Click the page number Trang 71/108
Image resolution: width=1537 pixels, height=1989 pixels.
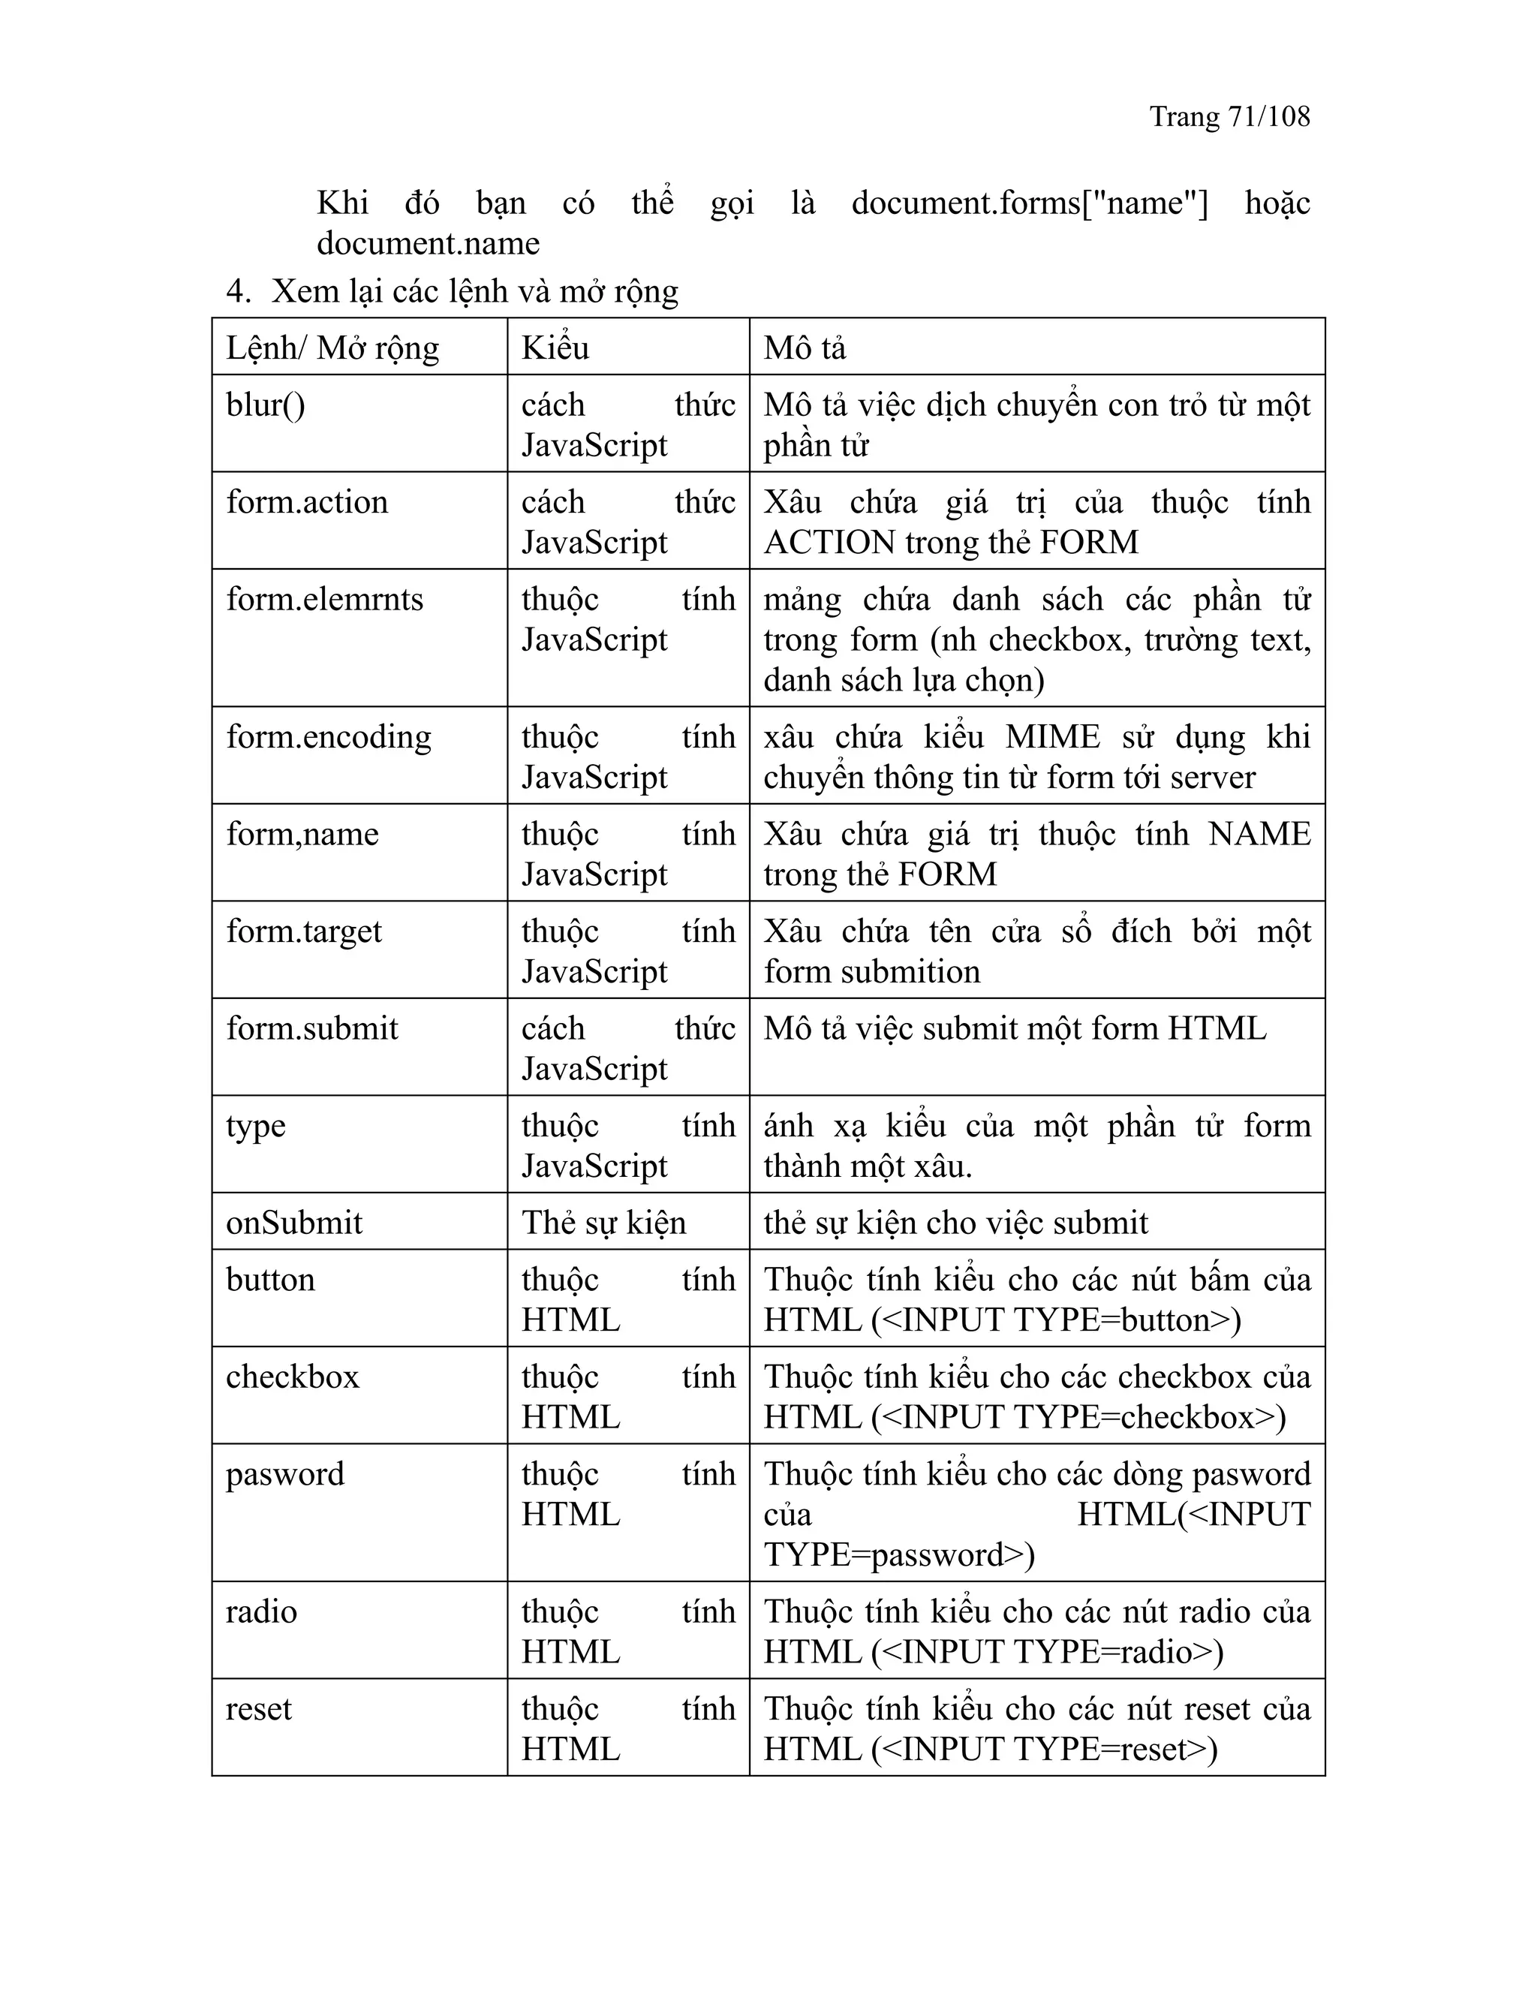1229,116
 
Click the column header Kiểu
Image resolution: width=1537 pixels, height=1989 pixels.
555,348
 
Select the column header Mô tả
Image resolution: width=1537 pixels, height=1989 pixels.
805,348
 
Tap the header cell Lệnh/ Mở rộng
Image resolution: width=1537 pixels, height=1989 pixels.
332,348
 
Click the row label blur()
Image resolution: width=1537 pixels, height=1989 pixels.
265,405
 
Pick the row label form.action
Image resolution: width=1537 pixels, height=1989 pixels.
307,503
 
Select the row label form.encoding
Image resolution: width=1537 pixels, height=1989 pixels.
329,737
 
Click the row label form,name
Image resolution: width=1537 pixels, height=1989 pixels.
302,834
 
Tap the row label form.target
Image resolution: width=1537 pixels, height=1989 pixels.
304,931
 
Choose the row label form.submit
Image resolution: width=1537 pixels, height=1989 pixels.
312,1029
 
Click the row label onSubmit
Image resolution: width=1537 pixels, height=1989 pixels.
293,1223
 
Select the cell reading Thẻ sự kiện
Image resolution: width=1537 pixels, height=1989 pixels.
603,1223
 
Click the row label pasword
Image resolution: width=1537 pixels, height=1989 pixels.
285,1474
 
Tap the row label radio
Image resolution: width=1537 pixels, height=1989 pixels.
261,1612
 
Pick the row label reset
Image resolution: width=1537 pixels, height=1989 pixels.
259,1709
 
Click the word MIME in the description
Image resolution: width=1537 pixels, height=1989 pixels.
1053,737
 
